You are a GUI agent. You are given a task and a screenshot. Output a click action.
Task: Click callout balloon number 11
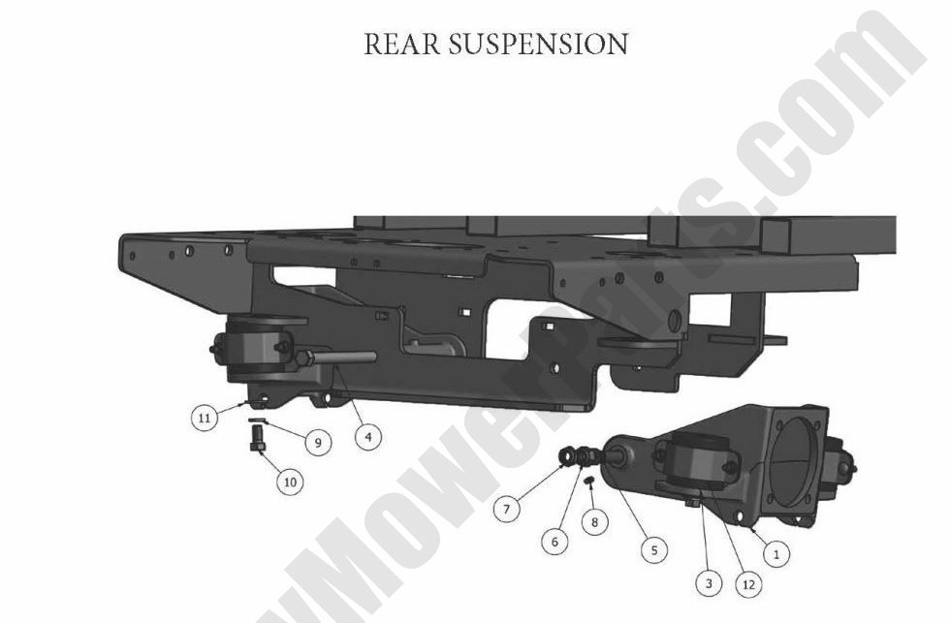204,419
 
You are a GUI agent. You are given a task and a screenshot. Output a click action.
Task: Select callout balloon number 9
316,442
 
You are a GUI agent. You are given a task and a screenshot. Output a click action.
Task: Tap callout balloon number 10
290,480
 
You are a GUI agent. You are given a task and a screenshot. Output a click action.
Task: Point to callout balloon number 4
366,436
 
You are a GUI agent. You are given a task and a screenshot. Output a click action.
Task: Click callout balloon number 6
554,542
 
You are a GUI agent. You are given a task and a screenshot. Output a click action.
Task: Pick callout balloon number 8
595,521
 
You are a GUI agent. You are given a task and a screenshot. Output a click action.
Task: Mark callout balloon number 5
654,549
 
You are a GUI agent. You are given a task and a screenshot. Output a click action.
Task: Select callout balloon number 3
709,583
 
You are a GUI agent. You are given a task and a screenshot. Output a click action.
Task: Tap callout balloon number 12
748,583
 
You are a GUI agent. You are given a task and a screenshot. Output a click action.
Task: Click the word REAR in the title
398,44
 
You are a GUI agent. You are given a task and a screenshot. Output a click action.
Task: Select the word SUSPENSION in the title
537,44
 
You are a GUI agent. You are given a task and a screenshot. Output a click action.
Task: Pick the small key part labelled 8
588,479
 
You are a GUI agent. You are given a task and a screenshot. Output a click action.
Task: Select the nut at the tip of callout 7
565,454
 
